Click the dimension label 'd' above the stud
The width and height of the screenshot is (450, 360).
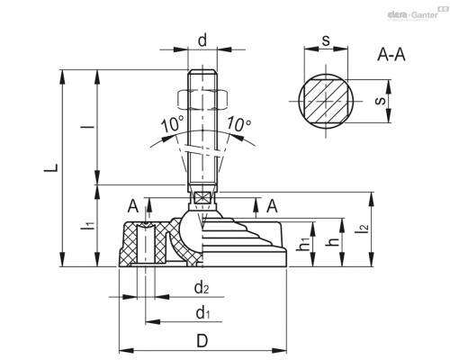click(x=202, y=41)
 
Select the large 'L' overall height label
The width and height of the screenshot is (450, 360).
click(x=51, y=167)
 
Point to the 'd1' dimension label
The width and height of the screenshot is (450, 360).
click(x=202, y=312)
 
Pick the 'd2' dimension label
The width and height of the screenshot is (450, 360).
click(x=202, y=288)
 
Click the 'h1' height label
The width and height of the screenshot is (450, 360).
click(x=304, y=243)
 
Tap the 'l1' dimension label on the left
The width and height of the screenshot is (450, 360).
click(x=87, y=225)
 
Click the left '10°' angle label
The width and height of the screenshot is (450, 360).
click(x=172, y=123)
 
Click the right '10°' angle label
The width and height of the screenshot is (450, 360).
click(x=238, y=123)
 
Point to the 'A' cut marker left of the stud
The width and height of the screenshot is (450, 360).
click(x=133, y=206)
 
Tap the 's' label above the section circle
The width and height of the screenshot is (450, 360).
click(x=325, y=41)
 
